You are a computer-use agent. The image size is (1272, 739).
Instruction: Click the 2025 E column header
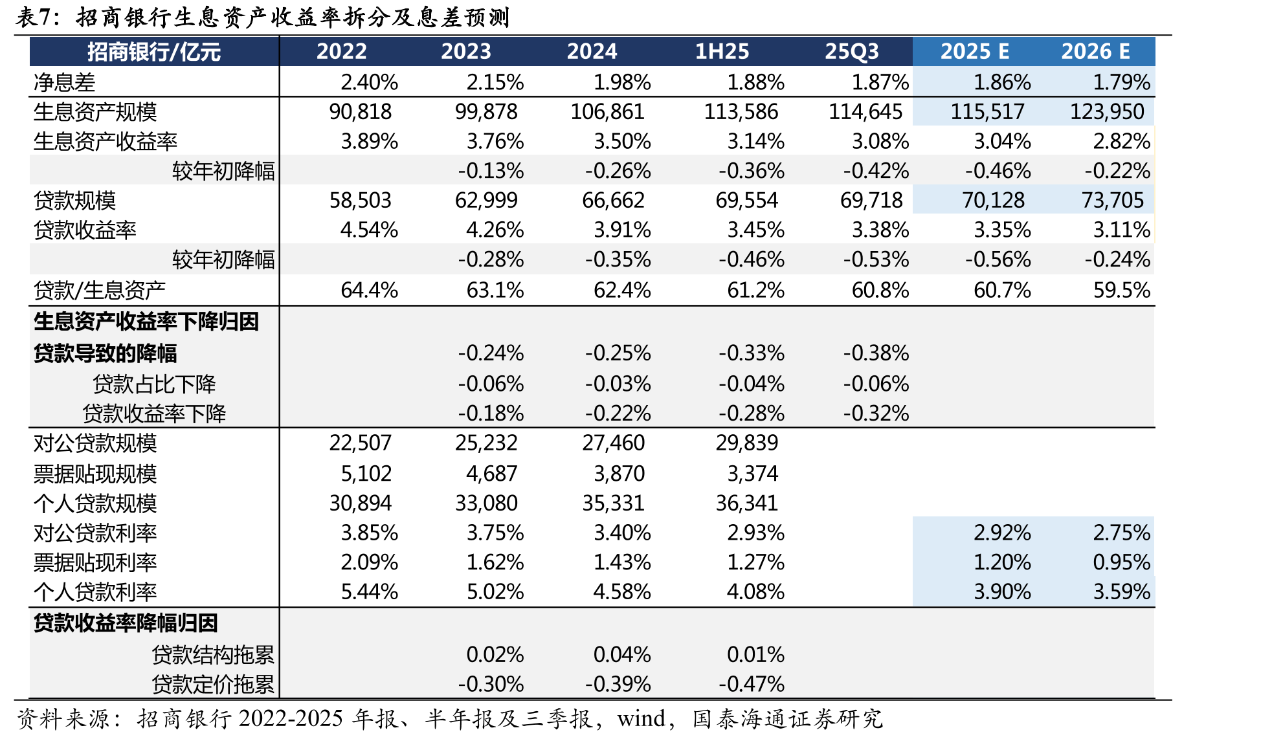[x=974, y=51]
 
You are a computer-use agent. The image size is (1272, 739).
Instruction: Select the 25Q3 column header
[x=851, y=51]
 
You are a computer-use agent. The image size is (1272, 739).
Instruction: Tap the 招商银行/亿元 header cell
[x=154, y=52]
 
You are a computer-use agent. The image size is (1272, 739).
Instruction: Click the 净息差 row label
[x=64, y=82]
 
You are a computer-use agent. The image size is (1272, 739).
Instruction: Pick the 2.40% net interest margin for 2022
[x=369, y=82]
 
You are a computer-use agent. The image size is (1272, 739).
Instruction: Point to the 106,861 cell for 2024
[x=607, y=112]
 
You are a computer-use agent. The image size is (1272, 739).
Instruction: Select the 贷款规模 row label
[x=74, y=201]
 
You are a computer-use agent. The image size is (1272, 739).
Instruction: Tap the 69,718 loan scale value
[x=871, y=201]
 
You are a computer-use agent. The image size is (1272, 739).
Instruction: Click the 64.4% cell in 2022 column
[x=369, y=290]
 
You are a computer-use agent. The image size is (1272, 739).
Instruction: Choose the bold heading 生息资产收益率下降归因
[x=146, y=322]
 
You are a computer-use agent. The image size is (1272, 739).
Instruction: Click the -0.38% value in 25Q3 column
[x=876, y=353]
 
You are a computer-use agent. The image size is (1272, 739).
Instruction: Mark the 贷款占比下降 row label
[x=154, y=384]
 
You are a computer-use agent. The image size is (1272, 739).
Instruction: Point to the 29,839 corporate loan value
[x=746, y=443]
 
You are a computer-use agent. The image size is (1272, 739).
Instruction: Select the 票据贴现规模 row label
[x=95, y=474]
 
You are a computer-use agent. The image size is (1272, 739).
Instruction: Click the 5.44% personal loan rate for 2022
[x=369, y=591]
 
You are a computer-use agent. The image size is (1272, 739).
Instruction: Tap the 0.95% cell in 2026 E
[x=1121, y=562]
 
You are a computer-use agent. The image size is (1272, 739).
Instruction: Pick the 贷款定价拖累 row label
[x=213, y=684]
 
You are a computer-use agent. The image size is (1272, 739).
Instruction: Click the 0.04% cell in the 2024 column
[x=621, y=654]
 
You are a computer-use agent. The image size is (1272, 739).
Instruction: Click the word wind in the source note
[x=641, y=719]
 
